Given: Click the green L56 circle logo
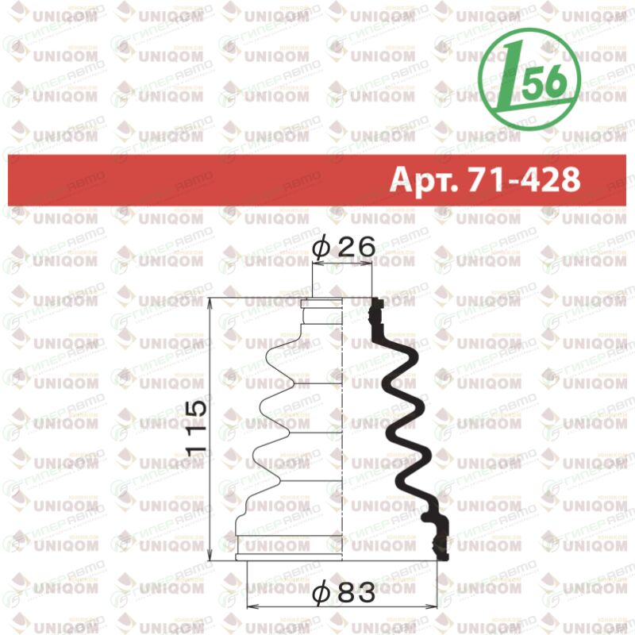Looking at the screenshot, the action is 529,79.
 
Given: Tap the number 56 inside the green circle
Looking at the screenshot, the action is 543,81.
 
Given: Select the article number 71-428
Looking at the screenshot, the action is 524,179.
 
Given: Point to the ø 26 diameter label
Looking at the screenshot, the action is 344,247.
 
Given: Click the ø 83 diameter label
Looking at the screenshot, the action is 344,593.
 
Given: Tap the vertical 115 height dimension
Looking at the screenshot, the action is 197,429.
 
